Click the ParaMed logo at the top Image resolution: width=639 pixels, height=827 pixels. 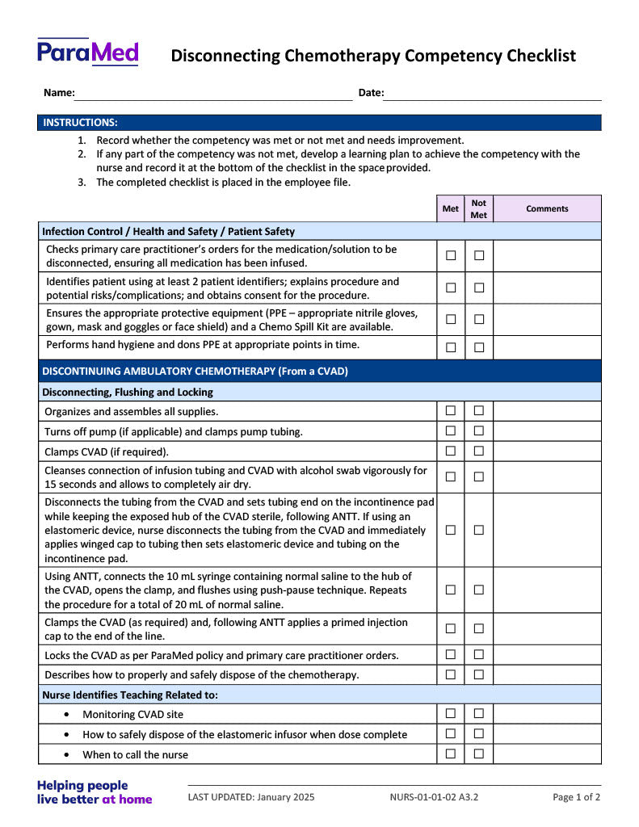click(x=87, y=52)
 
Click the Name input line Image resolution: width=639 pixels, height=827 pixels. click(x=213, y=94)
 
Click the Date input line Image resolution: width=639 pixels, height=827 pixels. click(x=492, y=94)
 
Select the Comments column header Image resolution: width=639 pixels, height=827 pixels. click(x=547, y=208)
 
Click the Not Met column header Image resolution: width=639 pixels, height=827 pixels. click(x=479, y=208)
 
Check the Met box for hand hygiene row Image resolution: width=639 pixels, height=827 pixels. click(x=451, y=347)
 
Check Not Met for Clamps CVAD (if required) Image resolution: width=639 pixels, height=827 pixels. click(x=479, y=451)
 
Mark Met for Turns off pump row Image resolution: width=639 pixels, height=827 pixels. click(x=451, y=431)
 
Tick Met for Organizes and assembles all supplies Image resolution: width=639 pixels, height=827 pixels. click(x=451, y=411)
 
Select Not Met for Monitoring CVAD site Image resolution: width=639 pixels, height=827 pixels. click(x=479, y=713)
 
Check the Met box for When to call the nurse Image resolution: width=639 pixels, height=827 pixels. click(x=451, y=754)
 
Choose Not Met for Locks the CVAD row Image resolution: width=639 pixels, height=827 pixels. click(x=479, y=654)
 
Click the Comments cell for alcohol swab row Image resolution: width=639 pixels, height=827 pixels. click(x=547, y=476)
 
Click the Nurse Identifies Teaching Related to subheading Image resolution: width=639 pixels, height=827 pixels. click(x=129, y=695)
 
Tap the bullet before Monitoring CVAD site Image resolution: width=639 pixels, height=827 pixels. click(x=66, y=715)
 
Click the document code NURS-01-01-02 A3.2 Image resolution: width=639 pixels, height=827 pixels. click(x=434, y=797)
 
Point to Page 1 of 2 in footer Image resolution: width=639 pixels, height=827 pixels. click(x=576, y=797)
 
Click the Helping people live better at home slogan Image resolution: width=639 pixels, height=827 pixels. click(x=94, y=792)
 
